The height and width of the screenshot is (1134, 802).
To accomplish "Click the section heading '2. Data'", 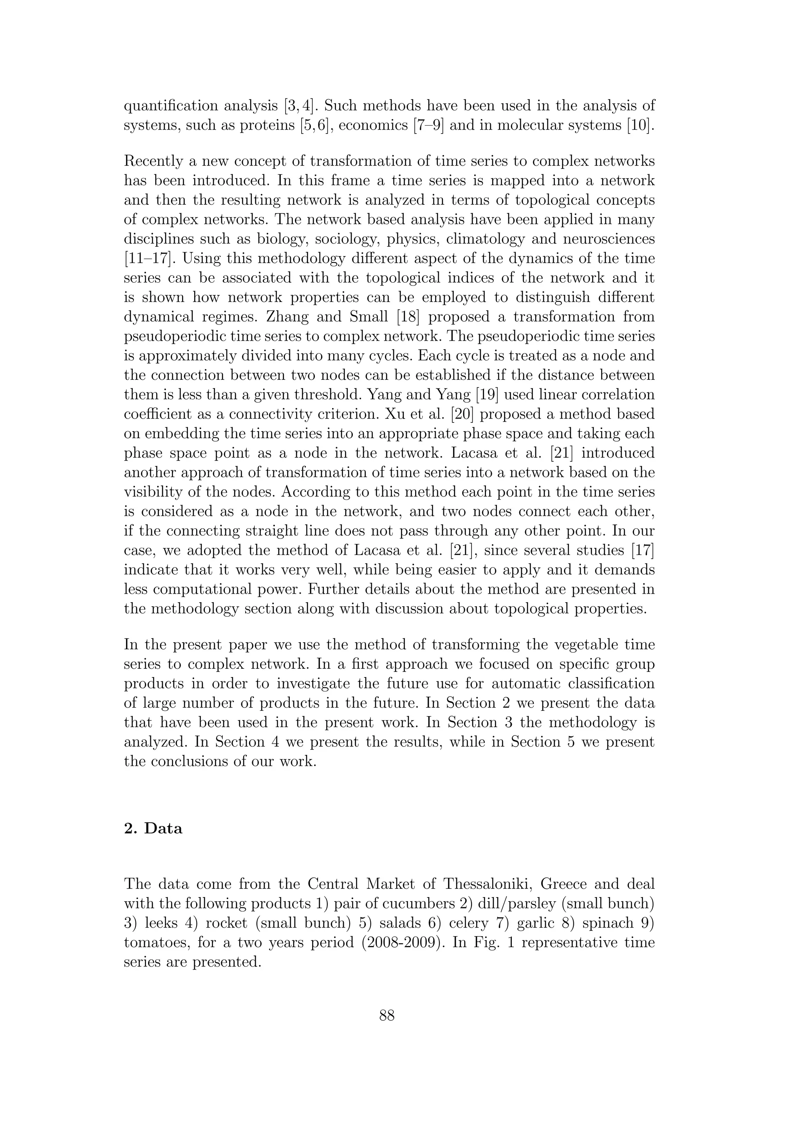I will [x=153, y=828].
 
